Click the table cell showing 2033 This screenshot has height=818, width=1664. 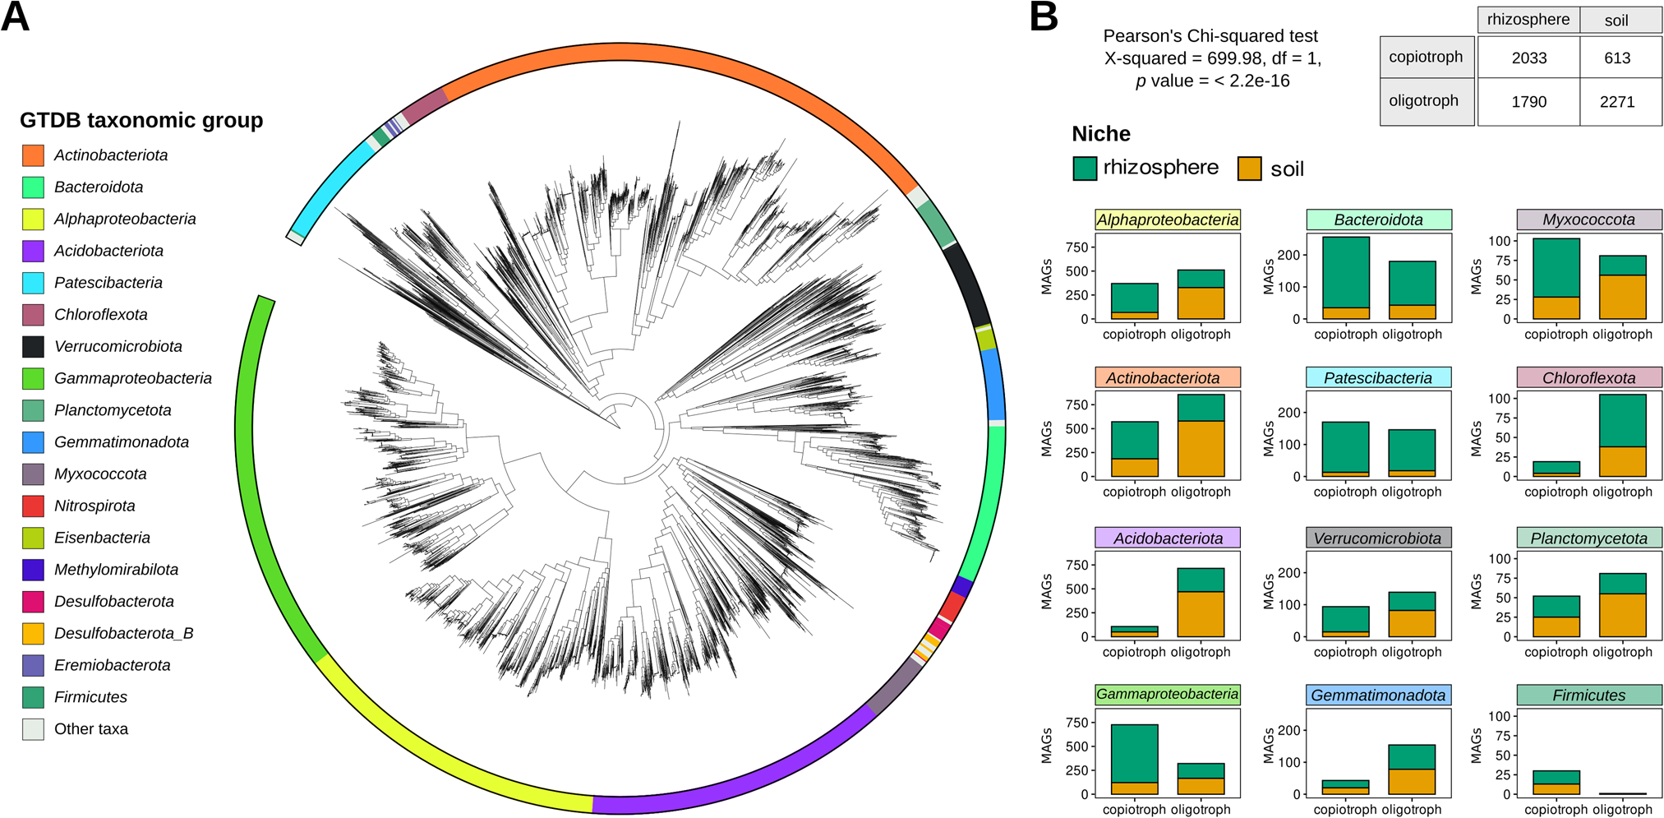[1528, 58]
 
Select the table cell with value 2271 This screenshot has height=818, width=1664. [1616, 102]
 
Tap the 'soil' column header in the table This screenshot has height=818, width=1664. [1616, 21]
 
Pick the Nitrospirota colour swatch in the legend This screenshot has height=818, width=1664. [33, 506]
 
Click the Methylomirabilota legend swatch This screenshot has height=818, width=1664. [33, 570]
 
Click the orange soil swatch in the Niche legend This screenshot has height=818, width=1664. [1249, 169]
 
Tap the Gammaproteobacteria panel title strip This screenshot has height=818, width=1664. [1167, 695]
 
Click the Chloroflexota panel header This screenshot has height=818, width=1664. [1588, 378]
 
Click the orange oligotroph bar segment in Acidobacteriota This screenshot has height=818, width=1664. [1201, 613]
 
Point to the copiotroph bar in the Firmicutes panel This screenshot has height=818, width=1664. [1556, 782]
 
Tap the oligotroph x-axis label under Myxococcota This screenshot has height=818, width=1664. [1622, 335]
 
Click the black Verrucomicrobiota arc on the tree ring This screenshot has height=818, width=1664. [966, 284]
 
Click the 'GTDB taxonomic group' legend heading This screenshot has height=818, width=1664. [141, 120]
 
